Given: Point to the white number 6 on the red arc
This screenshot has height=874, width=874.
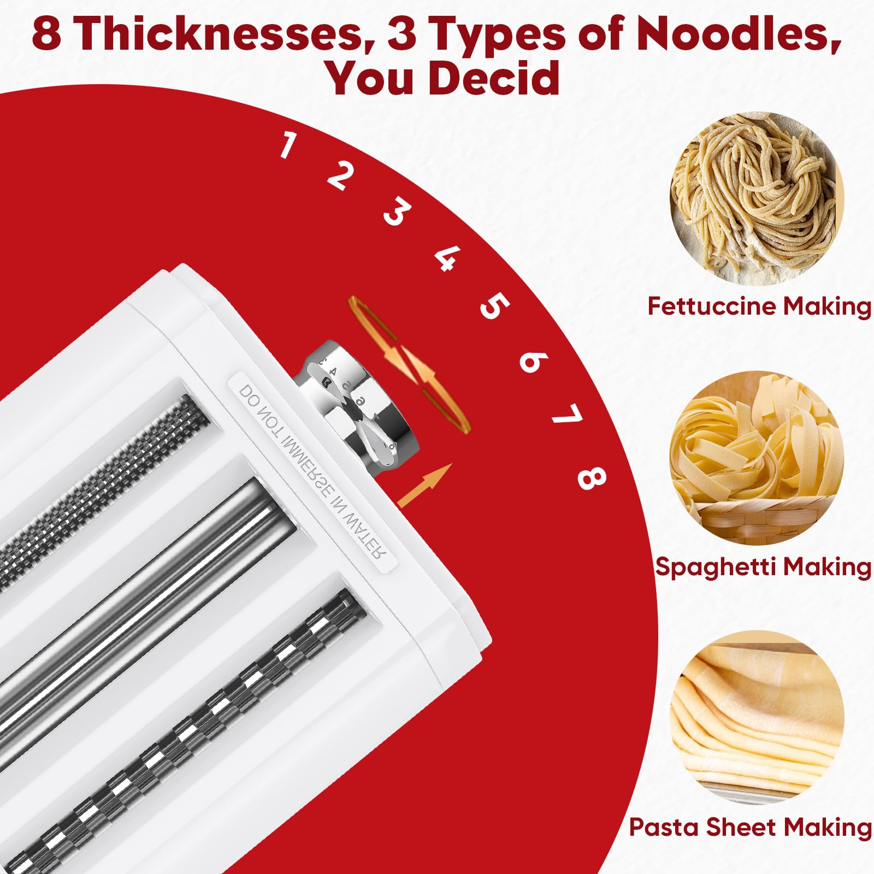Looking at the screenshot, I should click(x=533, y=361).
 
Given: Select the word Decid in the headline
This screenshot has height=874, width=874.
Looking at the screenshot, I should click(x=494, y=78).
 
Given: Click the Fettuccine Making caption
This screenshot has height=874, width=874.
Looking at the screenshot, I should click(x=759, y=306).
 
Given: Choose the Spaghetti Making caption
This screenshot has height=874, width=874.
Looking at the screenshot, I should click(x=763, y=566).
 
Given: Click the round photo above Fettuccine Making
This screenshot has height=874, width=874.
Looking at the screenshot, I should click(x=757, y=198).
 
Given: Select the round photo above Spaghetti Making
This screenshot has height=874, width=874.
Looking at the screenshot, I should click(x=757, y=458).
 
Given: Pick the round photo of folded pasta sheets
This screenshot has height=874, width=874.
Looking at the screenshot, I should click(x=757, y=717).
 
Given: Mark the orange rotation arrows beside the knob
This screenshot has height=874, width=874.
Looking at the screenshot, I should click(x=410, y=365).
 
